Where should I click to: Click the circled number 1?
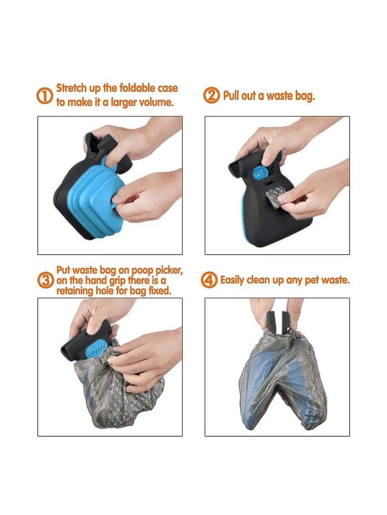click(44, 96)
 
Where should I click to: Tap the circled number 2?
click(212, 95)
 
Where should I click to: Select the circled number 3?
click(46, 280)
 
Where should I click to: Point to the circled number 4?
click(209, 280)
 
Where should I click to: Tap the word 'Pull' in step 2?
click(231, 96)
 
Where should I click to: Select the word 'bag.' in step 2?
click(305, 97)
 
